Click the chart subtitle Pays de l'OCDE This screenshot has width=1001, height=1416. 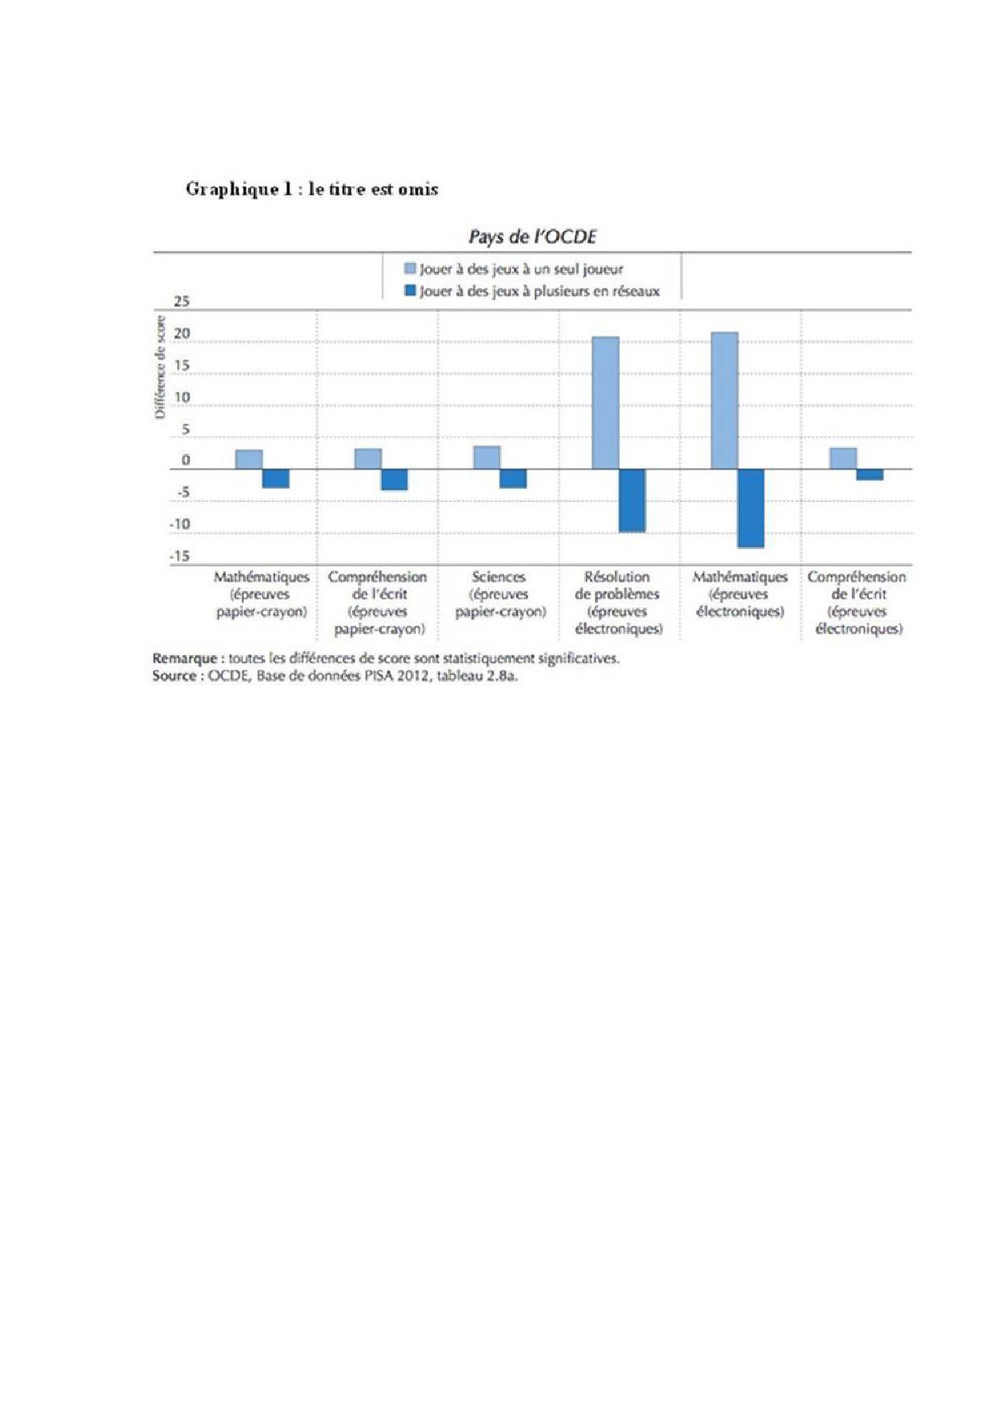pos(532,237)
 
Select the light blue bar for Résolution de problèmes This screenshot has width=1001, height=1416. pos(606,402)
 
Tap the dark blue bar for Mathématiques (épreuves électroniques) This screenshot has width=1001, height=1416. pos(751,508)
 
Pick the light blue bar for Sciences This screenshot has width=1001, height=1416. pos(487,457)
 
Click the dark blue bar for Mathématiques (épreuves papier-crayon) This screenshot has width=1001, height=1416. pos(275,478)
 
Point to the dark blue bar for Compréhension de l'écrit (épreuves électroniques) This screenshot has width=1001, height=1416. pos(870,474)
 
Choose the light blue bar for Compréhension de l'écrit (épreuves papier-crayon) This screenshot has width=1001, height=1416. pos(368,459)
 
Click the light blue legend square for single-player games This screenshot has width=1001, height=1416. pos(410,268)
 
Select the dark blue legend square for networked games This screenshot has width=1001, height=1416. pos(410,290)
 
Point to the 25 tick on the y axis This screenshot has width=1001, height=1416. pos(182,301)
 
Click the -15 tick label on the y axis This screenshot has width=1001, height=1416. pos(179,556)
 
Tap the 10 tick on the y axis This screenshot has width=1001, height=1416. pos(182,397)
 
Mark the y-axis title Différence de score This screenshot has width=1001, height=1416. pos(160,367)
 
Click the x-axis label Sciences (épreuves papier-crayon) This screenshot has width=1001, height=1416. pos(500,594)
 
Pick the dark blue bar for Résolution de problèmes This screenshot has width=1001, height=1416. pos(633,500)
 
